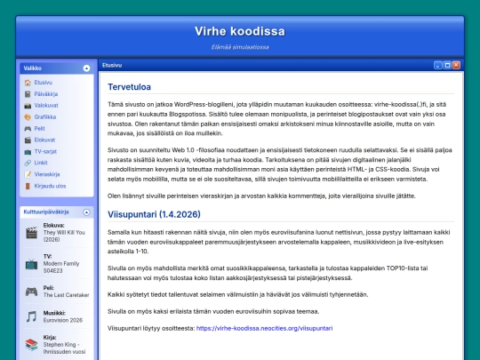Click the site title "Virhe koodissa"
(x=239, y=32)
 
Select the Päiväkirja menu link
(x=46, y=93)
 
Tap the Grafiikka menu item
(x=44, y=116)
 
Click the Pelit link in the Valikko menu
(x=39, y=128)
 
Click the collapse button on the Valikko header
(x=86, y=68)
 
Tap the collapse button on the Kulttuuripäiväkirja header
(x=86, y=213)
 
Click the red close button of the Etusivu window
(x=457, y=66)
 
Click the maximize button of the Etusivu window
(x=447, y=66)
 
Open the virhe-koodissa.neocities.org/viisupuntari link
(x=264, y=328)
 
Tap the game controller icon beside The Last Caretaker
(x=31, y=290)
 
